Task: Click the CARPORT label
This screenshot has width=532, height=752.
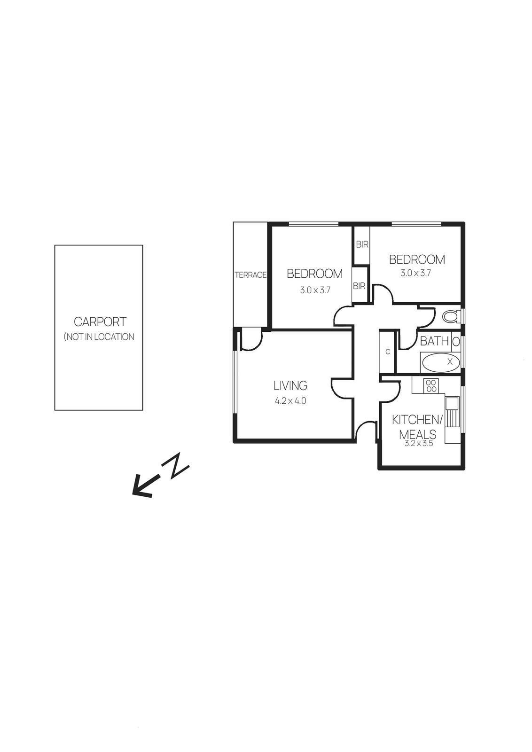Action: (100, 322)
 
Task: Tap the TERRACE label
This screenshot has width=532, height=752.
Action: (250, 275)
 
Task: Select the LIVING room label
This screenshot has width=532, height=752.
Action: (290, 385)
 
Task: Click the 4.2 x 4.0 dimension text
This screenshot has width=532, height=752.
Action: (290, 401)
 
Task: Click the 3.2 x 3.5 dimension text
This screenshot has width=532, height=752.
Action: (417, 443)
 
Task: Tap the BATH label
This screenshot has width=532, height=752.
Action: (434, 341)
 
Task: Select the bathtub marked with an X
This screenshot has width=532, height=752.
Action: (440, 362)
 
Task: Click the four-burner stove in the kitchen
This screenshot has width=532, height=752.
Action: (431, 386)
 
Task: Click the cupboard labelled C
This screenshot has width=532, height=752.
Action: (388, 352)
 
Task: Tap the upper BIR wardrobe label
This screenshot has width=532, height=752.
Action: (361, 244)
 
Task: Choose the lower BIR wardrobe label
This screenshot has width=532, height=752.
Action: (359, 286)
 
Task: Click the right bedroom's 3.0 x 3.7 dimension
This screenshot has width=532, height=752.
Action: (415, 273)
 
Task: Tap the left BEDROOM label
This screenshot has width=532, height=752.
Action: (314, 274)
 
